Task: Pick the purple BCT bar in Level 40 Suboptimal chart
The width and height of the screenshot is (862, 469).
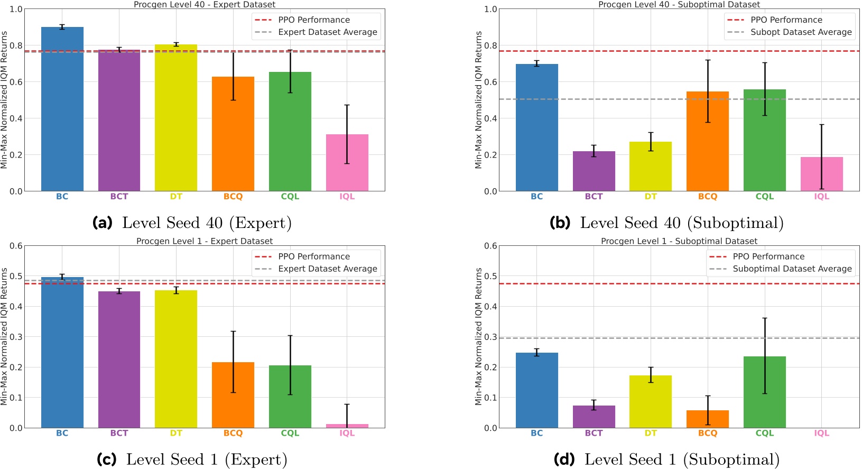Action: click(x=594, y=171)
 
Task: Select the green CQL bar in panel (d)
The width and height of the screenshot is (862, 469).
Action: click(x=764, y=392)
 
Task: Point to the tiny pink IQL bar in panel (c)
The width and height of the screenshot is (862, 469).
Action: click(x=347, y=426)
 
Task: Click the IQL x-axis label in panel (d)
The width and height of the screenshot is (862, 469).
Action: click(x=821, y=433)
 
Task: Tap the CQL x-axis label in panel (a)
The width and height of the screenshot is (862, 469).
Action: click(x=290, y=196)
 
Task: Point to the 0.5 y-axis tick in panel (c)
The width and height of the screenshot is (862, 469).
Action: click(x=16, y=276)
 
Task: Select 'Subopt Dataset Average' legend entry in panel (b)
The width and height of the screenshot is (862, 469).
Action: click(x=801, y=32)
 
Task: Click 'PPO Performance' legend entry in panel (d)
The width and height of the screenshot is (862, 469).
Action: click(x=768, y=256)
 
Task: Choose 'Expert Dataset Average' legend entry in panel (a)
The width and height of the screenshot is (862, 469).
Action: click(x=327, y=32)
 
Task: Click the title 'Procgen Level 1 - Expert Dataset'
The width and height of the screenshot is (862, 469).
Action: click(x=205, y=241)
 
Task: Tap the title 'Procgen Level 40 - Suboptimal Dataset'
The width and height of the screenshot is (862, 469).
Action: click(x=679, y=4)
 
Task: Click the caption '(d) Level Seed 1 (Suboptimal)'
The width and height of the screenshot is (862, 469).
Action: click(x=666, y=459)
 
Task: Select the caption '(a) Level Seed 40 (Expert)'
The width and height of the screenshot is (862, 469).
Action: click(x=192, y=223)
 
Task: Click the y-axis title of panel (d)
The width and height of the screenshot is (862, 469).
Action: click(x=478, y=336)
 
